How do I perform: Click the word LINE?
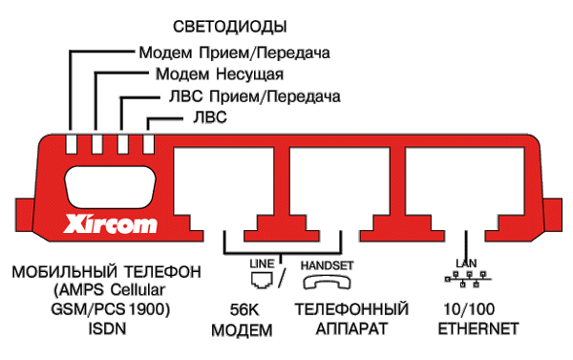[x=261, y=261]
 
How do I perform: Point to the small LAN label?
[x=465, y=262]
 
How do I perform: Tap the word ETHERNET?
[x=477, y=329]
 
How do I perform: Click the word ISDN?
[x=104, y=329]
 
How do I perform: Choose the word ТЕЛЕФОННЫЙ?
[x=351, y=310]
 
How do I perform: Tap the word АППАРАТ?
[x=351, y=329]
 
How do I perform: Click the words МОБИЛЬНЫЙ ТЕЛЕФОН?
[x=106, y=272]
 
